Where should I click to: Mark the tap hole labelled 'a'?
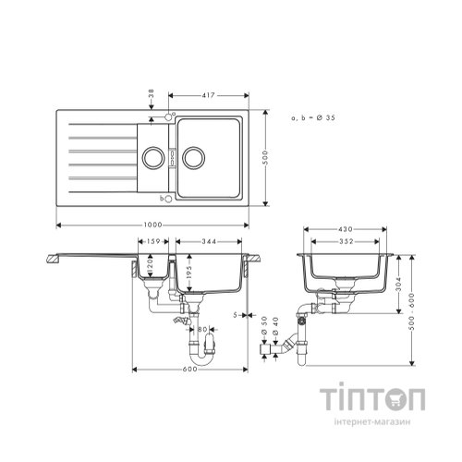click(x=167, y=117)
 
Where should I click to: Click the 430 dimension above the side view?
click(x=346, y=229)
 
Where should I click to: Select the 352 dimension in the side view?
click(x=346, y=243)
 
